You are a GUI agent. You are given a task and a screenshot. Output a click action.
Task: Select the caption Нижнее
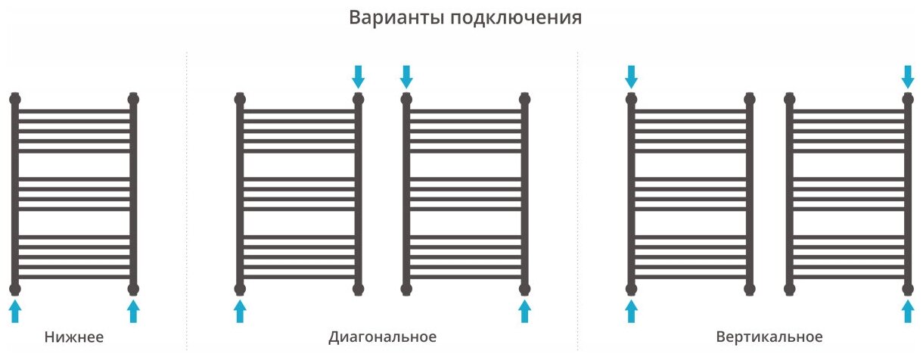[73, 337]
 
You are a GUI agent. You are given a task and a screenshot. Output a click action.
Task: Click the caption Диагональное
[383, 337]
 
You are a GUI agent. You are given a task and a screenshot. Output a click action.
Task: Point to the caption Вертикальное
[769, 337]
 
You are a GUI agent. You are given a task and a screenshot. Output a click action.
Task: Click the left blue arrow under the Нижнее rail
[15, 310]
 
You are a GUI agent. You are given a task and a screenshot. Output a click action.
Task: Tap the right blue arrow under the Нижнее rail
[134, 310]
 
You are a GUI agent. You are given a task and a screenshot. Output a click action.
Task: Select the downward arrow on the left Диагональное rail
[359, 76]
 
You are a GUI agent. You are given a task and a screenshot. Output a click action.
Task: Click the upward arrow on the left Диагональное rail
[240, 310]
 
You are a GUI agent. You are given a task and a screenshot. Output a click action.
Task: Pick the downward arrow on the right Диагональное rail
[406, 76]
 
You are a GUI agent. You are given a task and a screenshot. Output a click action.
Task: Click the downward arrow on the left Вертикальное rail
[632, 76]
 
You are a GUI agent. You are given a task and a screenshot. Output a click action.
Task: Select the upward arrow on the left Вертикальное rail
[632, 310]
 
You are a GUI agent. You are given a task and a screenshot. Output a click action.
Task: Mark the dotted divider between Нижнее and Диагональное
[186, 197]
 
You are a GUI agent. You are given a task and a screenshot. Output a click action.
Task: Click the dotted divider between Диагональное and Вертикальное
[577, 197]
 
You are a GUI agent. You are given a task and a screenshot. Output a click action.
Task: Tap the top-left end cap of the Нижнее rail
[15, 98]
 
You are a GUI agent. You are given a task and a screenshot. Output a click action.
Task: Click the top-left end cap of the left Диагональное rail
[240, 98]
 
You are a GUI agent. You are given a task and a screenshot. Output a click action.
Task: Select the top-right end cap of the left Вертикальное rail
[750, 98]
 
